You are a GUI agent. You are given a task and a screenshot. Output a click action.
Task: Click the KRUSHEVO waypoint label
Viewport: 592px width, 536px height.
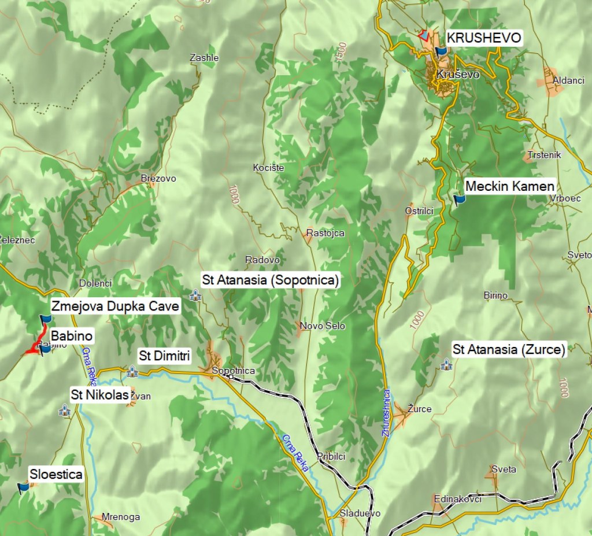484,38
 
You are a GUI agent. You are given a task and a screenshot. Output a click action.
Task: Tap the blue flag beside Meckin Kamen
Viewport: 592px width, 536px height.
460,200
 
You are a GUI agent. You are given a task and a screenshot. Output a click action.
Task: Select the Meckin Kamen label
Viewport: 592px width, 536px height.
509,186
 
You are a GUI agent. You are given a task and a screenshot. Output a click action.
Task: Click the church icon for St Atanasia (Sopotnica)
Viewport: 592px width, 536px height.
195,295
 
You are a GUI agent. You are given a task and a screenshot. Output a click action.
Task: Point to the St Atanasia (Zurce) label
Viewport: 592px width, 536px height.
509,349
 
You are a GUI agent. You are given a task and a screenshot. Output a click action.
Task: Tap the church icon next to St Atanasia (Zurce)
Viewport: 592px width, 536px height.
446,364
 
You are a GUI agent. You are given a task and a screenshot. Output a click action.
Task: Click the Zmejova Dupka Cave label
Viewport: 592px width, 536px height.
115,306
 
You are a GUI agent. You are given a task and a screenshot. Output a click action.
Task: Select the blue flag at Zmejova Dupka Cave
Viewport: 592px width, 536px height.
45,319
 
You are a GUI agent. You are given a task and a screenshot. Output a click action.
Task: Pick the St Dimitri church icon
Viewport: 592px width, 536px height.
132,371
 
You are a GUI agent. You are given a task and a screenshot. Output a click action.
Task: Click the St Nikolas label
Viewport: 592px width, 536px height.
99,395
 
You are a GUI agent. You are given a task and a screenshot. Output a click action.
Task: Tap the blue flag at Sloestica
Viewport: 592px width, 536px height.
23,487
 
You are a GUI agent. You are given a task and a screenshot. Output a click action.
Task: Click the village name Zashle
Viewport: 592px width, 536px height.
205,58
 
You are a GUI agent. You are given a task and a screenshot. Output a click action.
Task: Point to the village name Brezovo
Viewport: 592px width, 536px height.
158,179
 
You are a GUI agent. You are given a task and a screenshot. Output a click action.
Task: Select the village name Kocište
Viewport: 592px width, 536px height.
268,168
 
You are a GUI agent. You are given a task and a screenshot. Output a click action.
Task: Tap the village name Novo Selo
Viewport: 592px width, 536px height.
322,326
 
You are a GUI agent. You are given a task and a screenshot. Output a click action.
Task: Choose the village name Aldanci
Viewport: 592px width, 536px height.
568,80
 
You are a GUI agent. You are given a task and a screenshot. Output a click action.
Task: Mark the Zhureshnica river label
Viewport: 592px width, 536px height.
386,413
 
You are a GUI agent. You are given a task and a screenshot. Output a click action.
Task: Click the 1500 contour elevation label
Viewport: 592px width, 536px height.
341,50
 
